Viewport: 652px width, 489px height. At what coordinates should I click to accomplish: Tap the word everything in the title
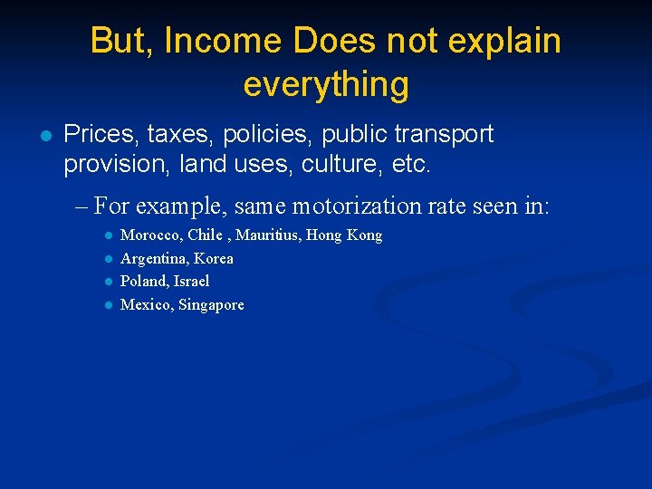click(x=326, y=84)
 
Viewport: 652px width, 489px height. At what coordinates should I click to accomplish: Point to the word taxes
click(x=177, y=135)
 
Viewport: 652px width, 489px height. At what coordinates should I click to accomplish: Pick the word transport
click(x=444, y=135)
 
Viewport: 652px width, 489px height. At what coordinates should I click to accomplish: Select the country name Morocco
click(x=150, y=235)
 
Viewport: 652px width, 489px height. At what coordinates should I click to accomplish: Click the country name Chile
click(x=205, y=235)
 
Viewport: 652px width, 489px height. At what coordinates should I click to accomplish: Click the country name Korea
click(x=214, y=258)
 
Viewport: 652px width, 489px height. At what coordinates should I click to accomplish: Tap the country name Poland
click(x=141, y=281)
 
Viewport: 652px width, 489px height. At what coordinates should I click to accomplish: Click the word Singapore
click(x=211, y=305)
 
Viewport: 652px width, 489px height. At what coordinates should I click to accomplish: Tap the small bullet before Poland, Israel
click(x=108, y=282)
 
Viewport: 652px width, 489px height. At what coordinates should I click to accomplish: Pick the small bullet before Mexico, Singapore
click(x=108, y=305)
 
